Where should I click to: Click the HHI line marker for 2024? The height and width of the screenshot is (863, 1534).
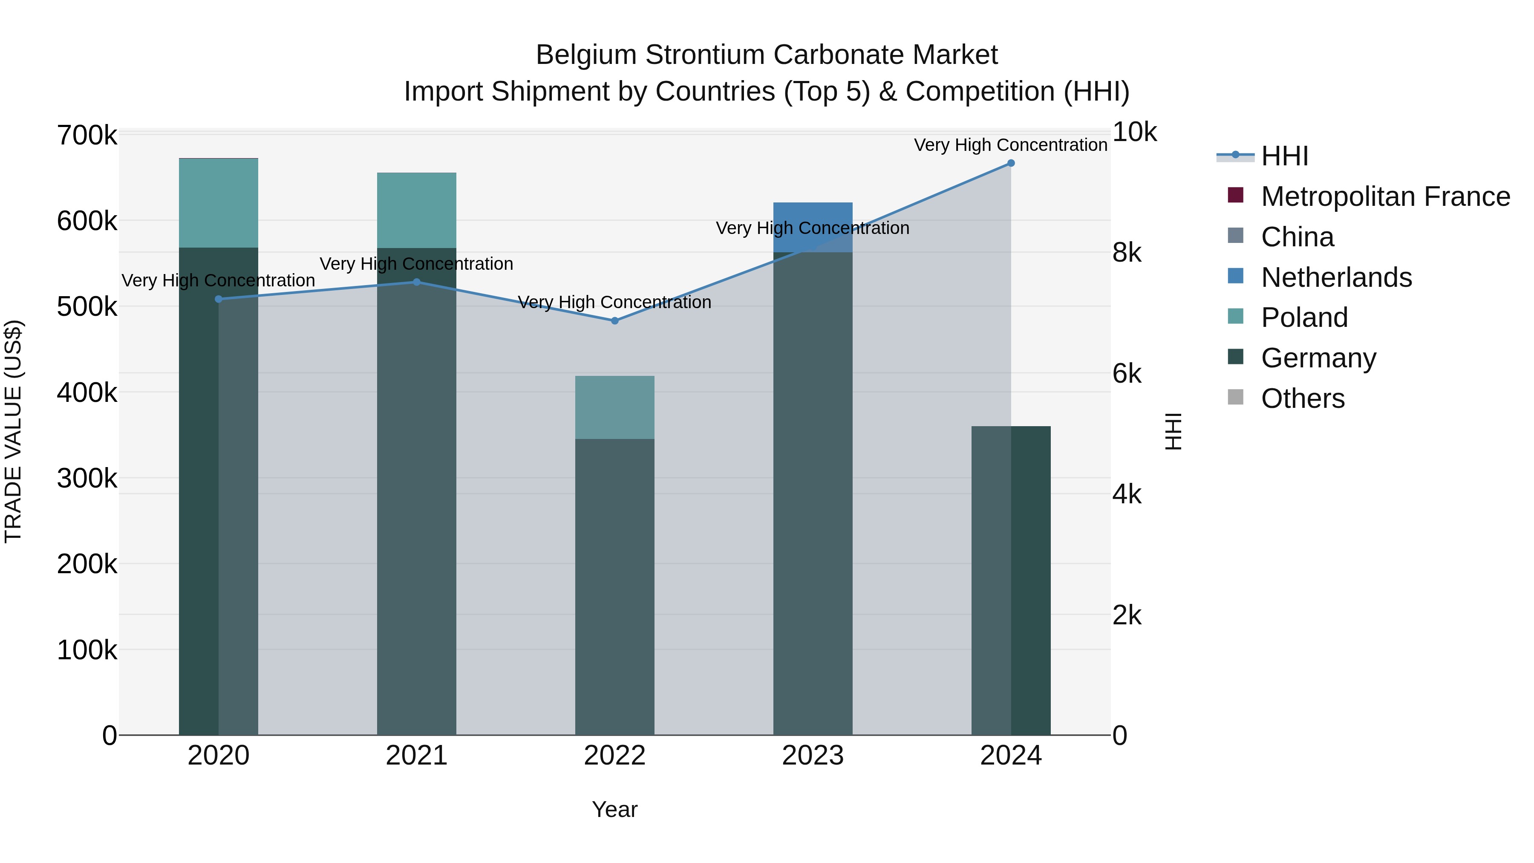pos(1011,163)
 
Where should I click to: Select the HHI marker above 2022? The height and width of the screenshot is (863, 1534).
pos(614,321)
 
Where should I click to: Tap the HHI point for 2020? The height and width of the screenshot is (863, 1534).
pos(219,299)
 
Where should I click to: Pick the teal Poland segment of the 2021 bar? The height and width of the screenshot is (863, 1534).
pos(416,210)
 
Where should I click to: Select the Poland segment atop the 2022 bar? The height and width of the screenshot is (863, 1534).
pos(614,407)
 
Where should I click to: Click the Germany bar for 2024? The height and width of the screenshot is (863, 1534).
pos(1030,581)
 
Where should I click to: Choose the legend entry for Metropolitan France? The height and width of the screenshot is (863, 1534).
pos(1385,196)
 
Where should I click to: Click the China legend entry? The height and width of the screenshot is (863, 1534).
pos(1297,237)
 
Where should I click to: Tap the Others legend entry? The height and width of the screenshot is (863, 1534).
pos(1302,398)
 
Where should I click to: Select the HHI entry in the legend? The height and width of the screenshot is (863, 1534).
pos(1284,156)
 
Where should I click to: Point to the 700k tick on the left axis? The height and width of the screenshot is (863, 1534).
pos(87,136)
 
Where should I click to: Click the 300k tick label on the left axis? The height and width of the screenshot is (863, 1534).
pos(87,478)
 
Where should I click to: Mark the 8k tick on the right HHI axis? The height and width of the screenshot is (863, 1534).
pos(1127,253)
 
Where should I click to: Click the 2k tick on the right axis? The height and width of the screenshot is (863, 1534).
pos(1127,616)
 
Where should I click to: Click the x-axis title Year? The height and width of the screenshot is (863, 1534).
pos(614,809)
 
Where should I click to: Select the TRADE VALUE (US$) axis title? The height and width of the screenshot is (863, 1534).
pos(13,431)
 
